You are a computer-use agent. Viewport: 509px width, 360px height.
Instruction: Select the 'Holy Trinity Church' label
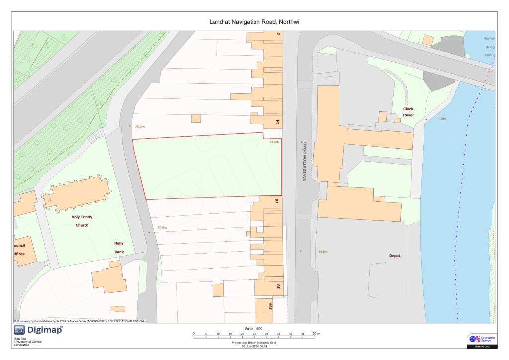click(x=82, y=221)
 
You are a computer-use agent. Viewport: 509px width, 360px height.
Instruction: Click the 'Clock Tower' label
click(x=408, y=112)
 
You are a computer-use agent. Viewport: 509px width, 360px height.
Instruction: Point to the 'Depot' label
click(x=394, y=256)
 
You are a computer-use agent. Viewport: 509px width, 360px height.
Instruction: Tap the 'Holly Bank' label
click(x=119, y=248)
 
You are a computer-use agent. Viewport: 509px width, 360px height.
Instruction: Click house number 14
click(x=278, y=121)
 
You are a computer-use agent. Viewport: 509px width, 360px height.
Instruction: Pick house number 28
click(x=278, y=286)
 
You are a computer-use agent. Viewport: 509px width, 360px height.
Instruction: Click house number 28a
click(x=270, y=307)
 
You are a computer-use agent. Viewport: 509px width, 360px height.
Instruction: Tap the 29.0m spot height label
click(x=140, y=127)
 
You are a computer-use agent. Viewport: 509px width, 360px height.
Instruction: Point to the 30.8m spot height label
click(x=162, y=227)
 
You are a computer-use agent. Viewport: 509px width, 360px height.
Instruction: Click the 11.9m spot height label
click(x=441, y=119)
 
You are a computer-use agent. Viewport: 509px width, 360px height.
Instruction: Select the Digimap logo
click(x=38, y=330)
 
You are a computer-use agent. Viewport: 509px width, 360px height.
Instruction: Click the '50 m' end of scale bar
click(x=316, y=333)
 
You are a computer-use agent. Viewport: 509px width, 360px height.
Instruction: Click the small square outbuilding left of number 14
click(x=196, y=118)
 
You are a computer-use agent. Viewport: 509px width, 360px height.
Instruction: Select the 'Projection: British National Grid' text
click(x=254, y=342)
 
